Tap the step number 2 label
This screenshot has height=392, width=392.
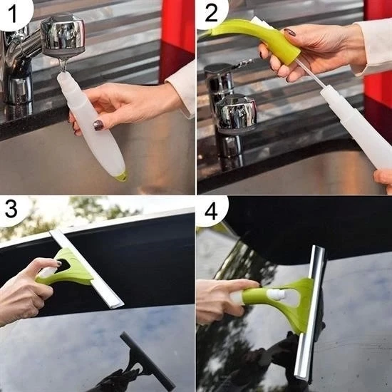(x=210, y=11)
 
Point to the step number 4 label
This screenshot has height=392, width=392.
(x=210, y=209)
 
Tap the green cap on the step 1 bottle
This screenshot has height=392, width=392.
(x=122, y=175)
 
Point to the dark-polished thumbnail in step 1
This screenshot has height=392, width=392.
(x=98, y=125)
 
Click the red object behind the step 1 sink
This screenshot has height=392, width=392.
(x=178, y=29)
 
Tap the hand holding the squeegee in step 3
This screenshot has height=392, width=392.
(x=25, y=289)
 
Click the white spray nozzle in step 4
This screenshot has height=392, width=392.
(x=277, y=294)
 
